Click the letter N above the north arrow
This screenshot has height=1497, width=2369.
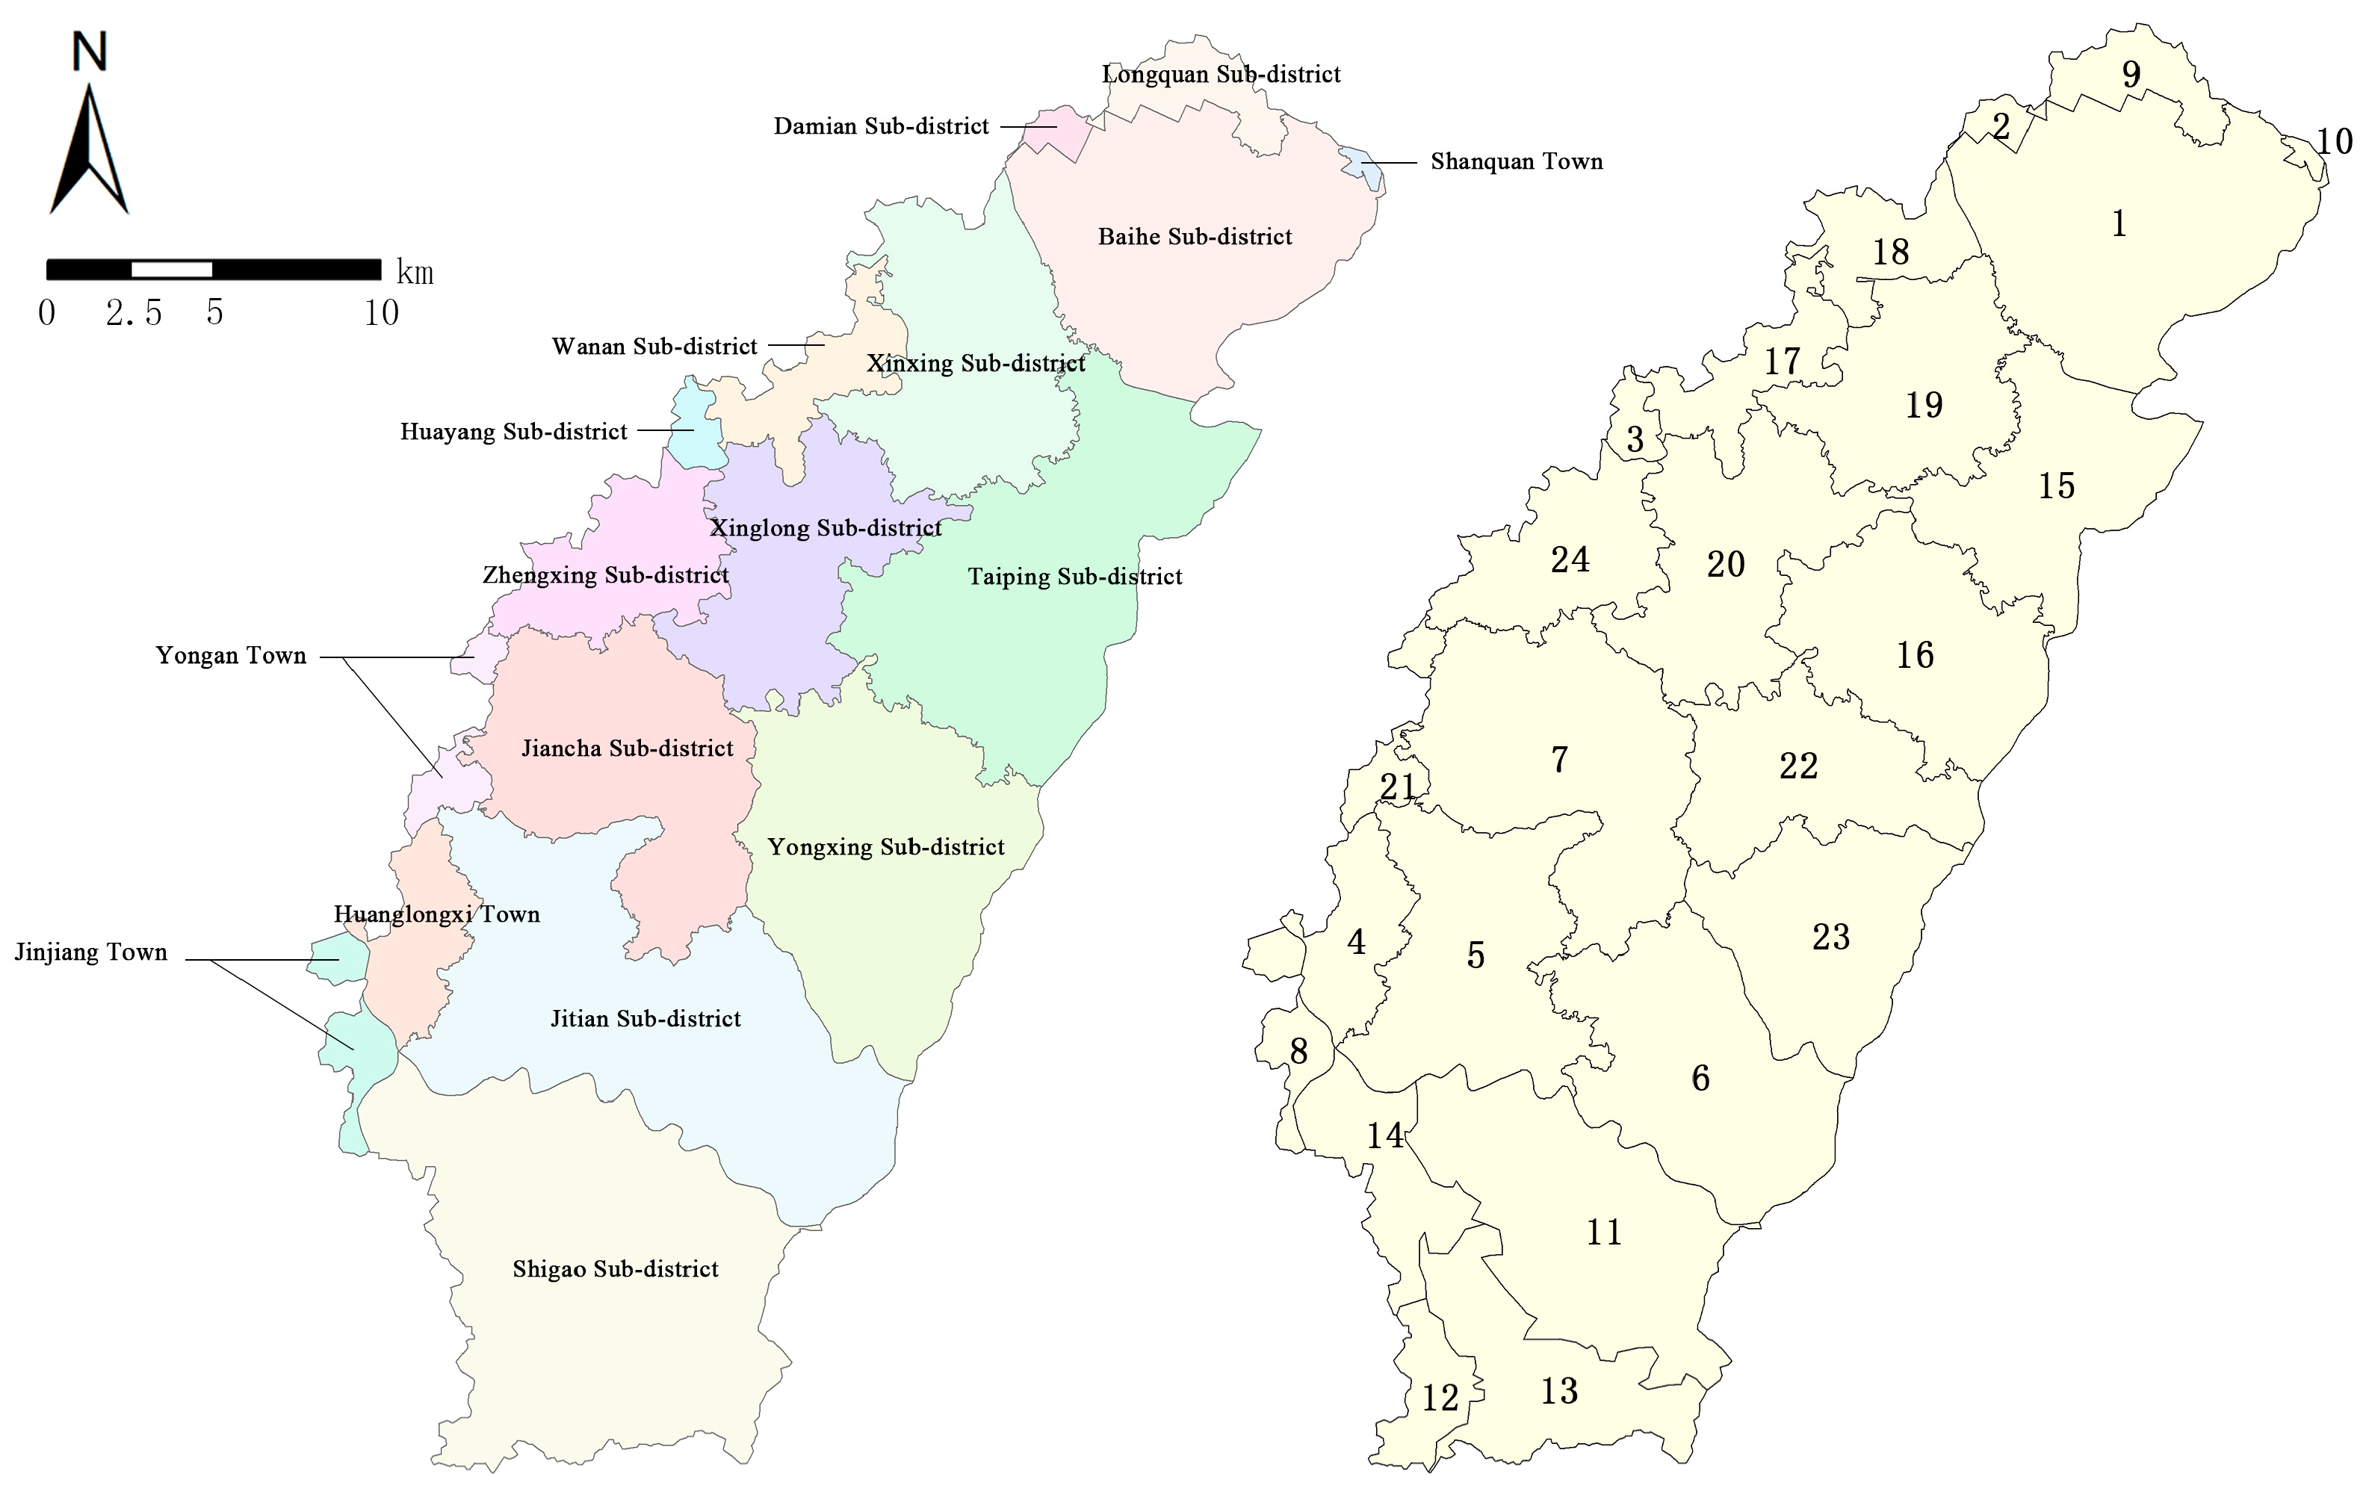90,52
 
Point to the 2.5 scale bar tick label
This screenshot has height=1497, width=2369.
134,313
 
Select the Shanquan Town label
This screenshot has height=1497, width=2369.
1516,161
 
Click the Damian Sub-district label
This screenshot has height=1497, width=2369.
881,126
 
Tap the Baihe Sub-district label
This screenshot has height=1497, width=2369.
1195,236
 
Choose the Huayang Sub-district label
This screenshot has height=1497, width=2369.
513,431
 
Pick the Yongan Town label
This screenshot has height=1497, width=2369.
231,655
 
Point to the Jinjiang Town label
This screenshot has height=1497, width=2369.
90,952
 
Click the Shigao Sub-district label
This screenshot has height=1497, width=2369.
615,1269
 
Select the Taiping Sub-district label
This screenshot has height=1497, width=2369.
1074,577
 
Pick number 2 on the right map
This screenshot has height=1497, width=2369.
2001,126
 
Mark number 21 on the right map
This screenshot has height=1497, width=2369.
1397,786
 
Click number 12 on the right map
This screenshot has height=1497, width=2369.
1440,1397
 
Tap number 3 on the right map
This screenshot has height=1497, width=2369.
1634,438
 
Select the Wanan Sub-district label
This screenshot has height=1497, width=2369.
654,346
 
